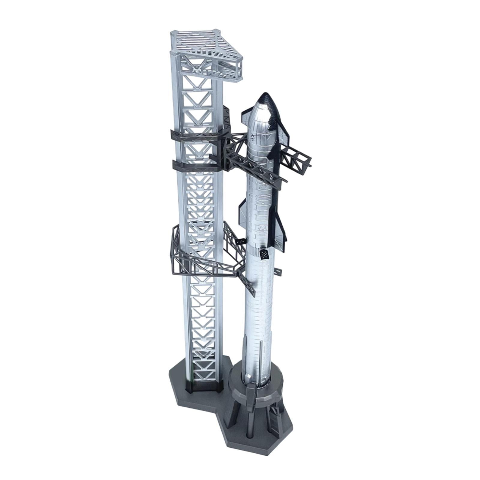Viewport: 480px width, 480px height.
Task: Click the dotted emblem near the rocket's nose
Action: pos(253,138)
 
